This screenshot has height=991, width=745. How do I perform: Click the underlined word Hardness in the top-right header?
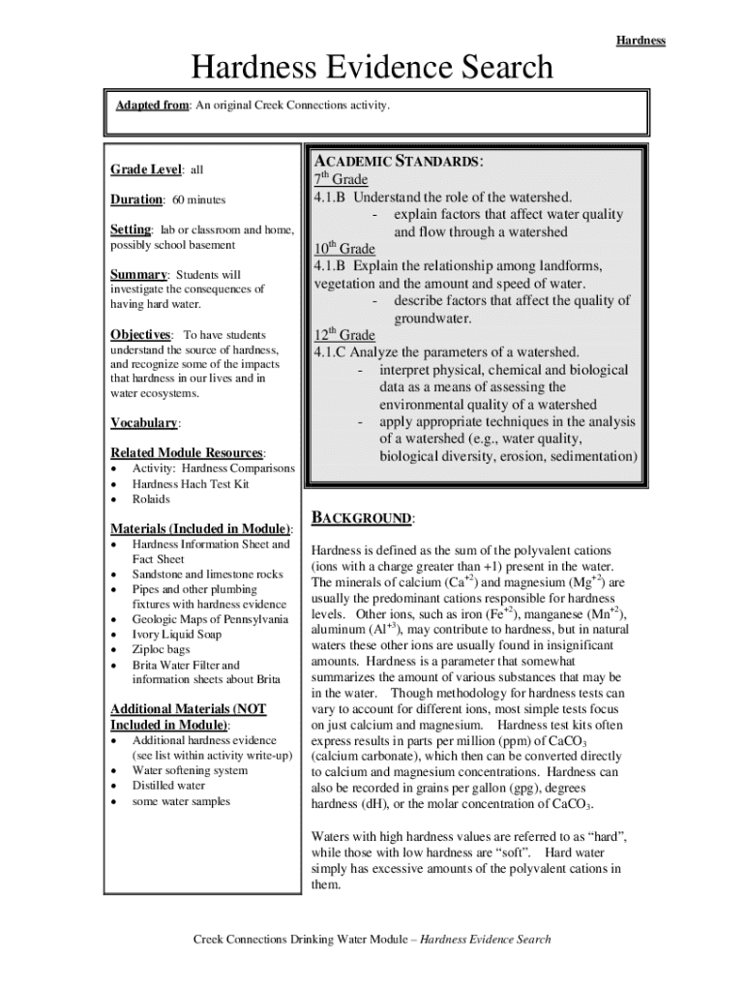[x=641, y=41]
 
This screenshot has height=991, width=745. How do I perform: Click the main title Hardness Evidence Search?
[x=372, y=68]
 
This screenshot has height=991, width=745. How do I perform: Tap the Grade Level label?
[x=145, y=169]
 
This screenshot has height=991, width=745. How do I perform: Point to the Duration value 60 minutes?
[x=199, y=199]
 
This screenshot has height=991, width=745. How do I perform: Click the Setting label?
[x=131, y=229]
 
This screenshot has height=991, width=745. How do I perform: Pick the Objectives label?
[x=140, y=335]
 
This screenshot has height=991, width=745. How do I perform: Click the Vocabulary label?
[x=145, y=423]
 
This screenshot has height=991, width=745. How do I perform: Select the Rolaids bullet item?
[x=151, y=499]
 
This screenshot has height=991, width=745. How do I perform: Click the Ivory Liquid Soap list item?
[x=177, y=635]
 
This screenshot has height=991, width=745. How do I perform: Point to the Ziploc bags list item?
[x=162, y=650]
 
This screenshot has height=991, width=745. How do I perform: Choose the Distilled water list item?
[x=168, y=786]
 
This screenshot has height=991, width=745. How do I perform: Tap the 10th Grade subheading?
[x=343, y=249]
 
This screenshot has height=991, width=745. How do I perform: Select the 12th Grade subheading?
[x=343, y=334]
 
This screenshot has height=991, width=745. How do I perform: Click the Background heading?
[x=361, y=519]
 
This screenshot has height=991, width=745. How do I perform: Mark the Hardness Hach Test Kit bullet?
[x=191, y=484]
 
